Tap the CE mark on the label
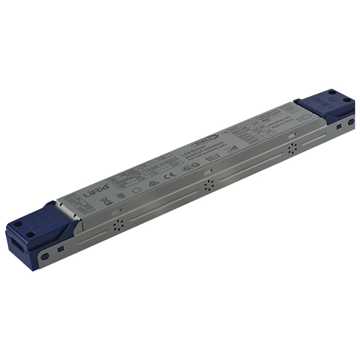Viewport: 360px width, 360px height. [x=170, y=176]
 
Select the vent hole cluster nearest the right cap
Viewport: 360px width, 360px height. [x=292, y=148]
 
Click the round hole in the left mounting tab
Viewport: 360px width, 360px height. [x=44, y=257]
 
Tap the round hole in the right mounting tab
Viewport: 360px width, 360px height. [x=351, y=122]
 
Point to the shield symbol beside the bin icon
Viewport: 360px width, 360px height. [x=121, y=196]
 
